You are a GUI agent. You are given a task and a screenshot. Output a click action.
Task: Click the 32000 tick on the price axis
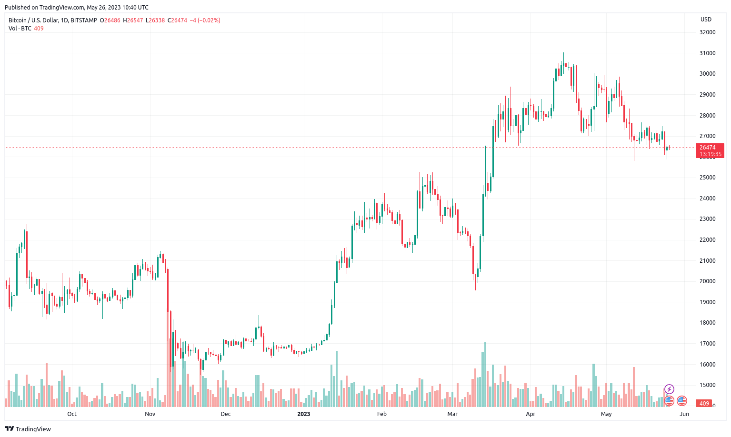tap(707, 32)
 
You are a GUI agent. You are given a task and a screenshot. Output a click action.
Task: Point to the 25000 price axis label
tap(707, 178)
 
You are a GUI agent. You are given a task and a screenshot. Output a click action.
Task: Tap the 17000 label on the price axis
tap(707, 344)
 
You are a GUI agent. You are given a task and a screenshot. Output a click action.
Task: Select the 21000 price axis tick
tap(707, 261)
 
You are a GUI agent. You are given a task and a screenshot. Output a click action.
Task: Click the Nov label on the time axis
tap(150, 414)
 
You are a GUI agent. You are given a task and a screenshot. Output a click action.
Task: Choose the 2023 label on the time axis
tap(303, 414)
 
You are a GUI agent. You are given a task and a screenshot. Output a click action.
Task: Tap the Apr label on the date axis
tap(531, 414)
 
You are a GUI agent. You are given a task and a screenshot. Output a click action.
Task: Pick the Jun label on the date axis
tap(684, 414)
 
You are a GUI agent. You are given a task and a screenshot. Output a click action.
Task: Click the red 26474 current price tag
tap(710, 150)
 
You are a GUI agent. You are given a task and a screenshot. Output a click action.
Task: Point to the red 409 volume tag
tap(704, 404)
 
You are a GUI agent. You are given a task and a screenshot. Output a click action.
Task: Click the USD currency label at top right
tap(706, 20)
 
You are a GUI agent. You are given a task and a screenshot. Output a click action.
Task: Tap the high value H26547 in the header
tap(133, 20)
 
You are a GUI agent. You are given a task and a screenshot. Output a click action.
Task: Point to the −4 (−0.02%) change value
tap(205, 20)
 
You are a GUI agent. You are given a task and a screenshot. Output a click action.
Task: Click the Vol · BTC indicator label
tap(20, 29)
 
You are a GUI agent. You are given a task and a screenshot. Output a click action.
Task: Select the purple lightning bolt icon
tap(669, 389)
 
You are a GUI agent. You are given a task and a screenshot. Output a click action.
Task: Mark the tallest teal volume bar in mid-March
tap(485, 374)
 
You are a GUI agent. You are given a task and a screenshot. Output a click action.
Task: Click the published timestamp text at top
tap(76, 8)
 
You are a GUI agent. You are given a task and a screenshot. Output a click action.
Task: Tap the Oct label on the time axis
tap(72, 414)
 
